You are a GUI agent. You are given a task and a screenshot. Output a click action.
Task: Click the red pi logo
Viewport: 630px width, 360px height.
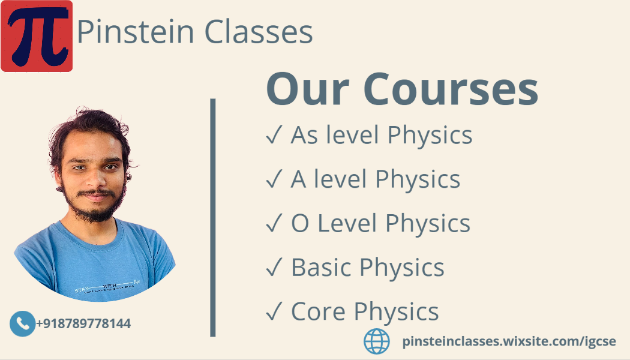pos(37,36)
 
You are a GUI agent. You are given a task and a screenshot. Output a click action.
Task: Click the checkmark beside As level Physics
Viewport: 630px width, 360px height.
pos(274,136)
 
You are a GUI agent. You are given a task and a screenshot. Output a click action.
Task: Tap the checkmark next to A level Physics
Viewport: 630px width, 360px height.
pos(274,180)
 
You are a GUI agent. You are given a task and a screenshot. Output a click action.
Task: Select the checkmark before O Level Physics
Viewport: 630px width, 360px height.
pos(274,224)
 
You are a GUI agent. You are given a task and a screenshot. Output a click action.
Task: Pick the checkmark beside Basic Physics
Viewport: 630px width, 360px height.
pos(274,268)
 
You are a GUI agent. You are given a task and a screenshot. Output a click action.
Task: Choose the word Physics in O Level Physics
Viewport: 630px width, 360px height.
pos(428,224)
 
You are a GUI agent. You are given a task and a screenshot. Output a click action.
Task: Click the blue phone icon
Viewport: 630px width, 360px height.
pos(23,324)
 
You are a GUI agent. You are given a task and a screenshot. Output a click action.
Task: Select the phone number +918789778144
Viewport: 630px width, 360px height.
pos(83,324)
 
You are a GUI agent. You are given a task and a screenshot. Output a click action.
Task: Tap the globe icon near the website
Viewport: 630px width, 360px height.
pos(377,341)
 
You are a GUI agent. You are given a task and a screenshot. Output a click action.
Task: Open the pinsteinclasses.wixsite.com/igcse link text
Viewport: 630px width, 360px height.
pos(509,342)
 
